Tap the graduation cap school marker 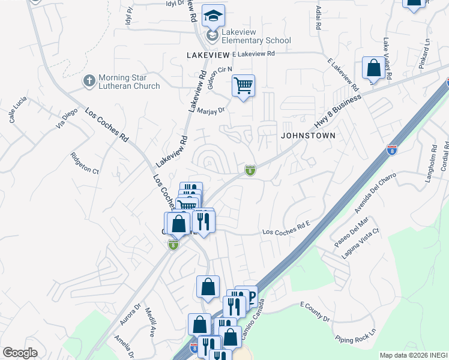tap(212, 15)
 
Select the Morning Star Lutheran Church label tap(129, 82)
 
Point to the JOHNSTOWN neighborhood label tap(308, 136)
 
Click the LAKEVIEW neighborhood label tap(208, 55)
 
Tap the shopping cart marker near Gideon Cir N tap(243, 86)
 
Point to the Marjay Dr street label tap(210, 110)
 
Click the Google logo tap(20, 353)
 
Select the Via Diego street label tap(67, 119)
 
